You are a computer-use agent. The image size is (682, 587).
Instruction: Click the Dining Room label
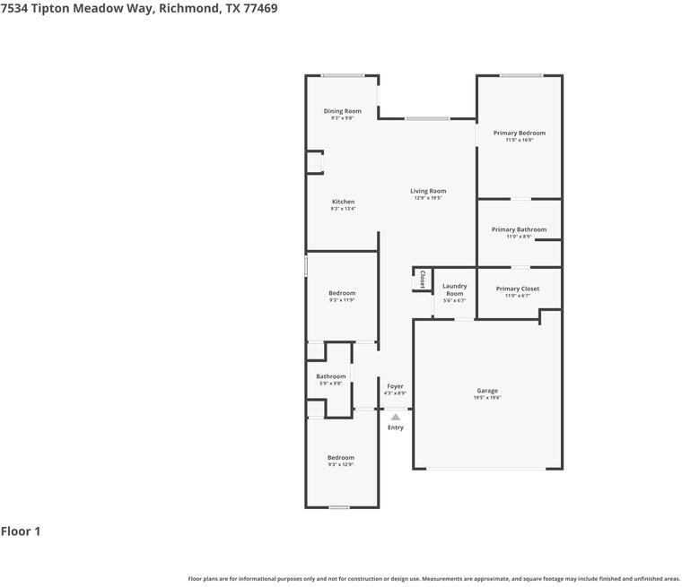(342, 111)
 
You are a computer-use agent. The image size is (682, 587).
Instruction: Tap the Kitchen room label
(343, 202)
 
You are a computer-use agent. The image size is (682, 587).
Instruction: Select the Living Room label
(428, 191)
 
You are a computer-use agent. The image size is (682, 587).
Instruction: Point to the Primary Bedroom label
(519, 133)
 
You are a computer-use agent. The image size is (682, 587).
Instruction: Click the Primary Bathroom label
(519, 229)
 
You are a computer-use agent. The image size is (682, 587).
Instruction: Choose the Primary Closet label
(518, 289)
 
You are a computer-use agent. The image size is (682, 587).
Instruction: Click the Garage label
(487, 391)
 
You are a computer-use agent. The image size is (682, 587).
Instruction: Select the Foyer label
(395, 386)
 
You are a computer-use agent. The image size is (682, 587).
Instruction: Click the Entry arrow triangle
(396, 417)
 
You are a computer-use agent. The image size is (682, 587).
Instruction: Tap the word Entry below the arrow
(396, 427)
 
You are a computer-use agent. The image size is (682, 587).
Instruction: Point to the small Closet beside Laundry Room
(422, 279)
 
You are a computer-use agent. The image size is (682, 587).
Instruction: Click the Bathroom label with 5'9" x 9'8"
(330, 376)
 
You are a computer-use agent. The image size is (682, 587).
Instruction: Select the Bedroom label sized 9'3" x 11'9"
(342, 293)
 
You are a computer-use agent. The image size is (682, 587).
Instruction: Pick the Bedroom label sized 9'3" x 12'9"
(341, 457)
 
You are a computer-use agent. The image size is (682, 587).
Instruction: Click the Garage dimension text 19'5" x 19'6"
(487, 397)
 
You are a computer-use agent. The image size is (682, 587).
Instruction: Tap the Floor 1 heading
(21, 531)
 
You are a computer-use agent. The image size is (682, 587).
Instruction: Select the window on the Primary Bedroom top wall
(520, 75)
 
